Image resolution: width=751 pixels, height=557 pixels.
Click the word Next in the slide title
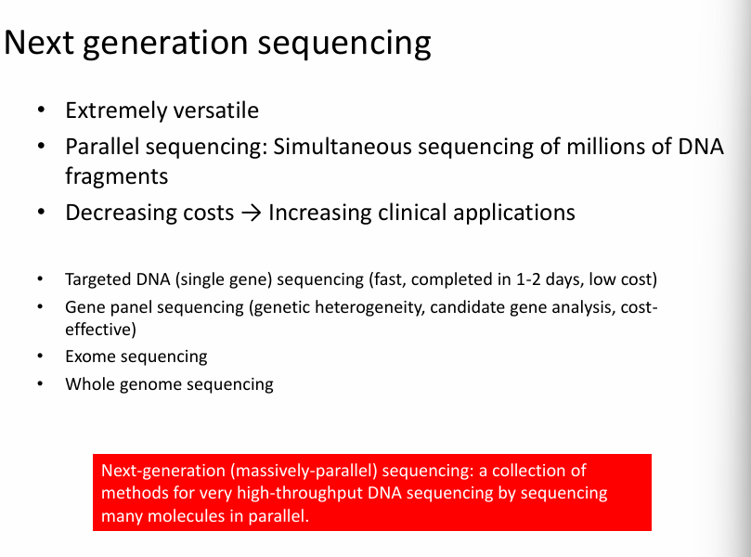click(x=39, y=43)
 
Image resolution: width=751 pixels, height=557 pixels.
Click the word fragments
click(x=117, y=176)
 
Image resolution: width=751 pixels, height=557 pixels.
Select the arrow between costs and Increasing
click(x=251, y=213)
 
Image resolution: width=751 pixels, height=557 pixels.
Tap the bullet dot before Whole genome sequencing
click(x=40, y=383)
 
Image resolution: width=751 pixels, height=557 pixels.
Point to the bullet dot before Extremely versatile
click(x=41, y=110)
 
